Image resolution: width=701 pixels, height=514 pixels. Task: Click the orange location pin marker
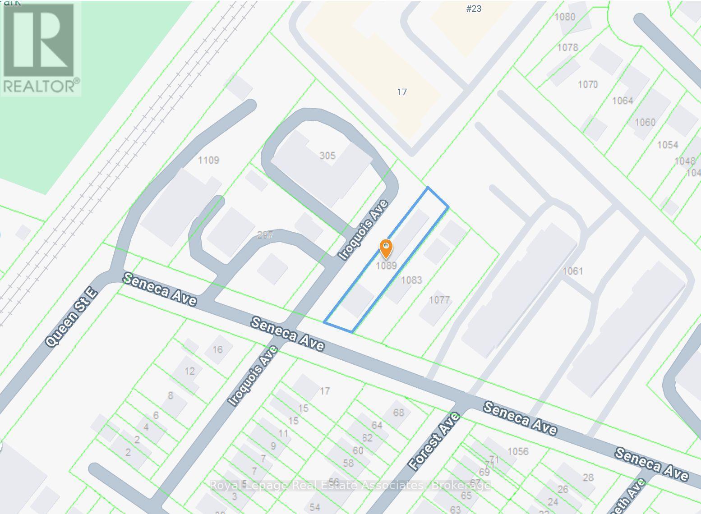(386, 248)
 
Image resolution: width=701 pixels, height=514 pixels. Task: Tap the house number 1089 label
(386, 266)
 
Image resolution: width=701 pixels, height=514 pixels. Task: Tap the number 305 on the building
(327, 156)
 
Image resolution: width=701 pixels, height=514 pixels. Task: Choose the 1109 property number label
(208, 160)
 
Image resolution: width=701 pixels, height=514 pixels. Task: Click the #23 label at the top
(474, 9)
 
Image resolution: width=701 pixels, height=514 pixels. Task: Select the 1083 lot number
(411, 280)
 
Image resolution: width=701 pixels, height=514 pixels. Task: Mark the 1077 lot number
(439, 300)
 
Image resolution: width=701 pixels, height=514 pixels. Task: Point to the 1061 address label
(573, 271)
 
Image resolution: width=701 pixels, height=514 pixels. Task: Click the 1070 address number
(587, 84)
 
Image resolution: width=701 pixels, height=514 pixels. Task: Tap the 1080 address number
(565, 17)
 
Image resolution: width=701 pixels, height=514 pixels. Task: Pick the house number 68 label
(398, 413)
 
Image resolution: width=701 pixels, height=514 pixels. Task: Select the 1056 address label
(517, 451)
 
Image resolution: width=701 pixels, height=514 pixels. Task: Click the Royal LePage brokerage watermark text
(350, 486)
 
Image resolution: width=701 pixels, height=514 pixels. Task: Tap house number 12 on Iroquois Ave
(189, 371)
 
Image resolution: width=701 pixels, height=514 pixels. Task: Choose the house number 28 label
(588, 477)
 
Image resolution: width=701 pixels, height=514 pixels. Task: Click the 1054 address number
(668, 145)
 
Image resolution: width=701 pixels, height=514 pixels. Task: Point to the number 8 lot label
(170, 396)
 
